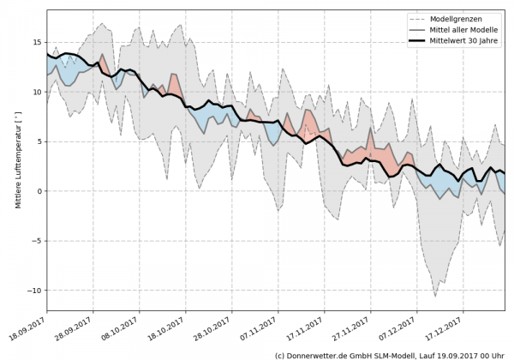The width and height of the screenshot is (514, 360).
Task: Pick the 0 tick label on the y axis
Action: (x=37, y=190)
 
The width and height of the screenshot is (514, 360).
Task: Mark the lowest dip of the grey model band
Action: (x=435, y=296)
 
